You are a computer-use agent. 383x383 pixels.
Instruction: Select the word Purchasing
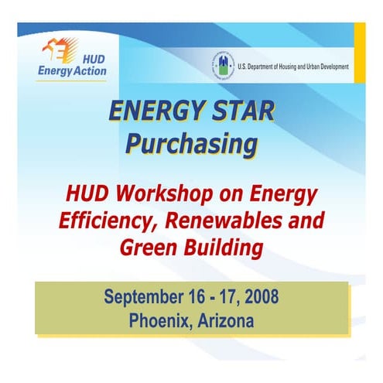tap(191, 143)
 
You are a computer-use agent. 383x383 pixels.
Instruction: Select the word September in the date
tap(142, 296)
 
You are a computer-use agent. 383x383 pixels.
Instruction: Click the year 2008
tap(260, 296)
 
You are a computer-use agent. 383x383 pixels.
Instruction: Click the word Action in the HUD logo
tap(87, 72)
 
